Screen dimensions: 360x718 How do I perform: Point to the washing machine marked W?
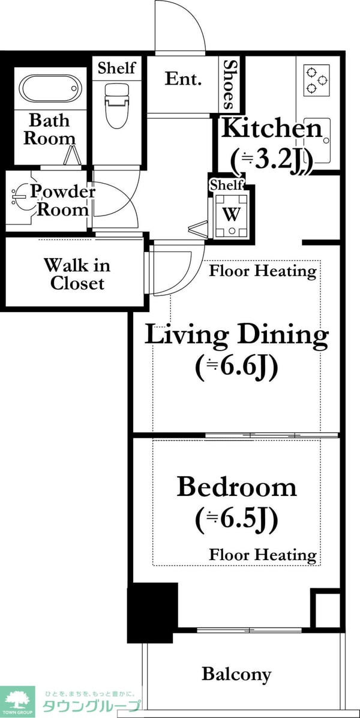click(x=232, y=215)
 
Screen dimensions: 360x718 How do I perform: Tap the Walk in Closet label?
click(x=77, y=274)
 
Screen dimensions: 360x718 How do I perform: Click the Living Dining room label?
click(x=236, y=336)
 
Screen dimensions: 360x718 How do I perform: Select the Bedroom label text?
click(x=236, y=487)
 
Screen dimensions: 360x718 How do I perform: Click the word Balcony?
click(x=236, y=674)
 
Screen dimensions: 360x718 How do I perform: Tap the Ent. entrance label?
click(x=183, y=79)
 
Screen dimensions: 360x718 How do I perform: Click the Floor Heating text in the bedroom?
click(x=263, y=555)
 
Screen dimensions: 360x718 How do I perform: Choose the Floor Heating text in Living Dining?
click(x=263, y=271)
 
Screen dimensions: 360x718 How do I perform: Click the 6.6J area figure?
click(x=236, y=368)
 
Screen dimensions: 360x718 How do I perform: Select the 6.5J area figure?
click(x=236, y=520)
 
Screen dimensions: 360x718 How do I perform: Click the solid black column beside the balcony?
click(x=152, y=613)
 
